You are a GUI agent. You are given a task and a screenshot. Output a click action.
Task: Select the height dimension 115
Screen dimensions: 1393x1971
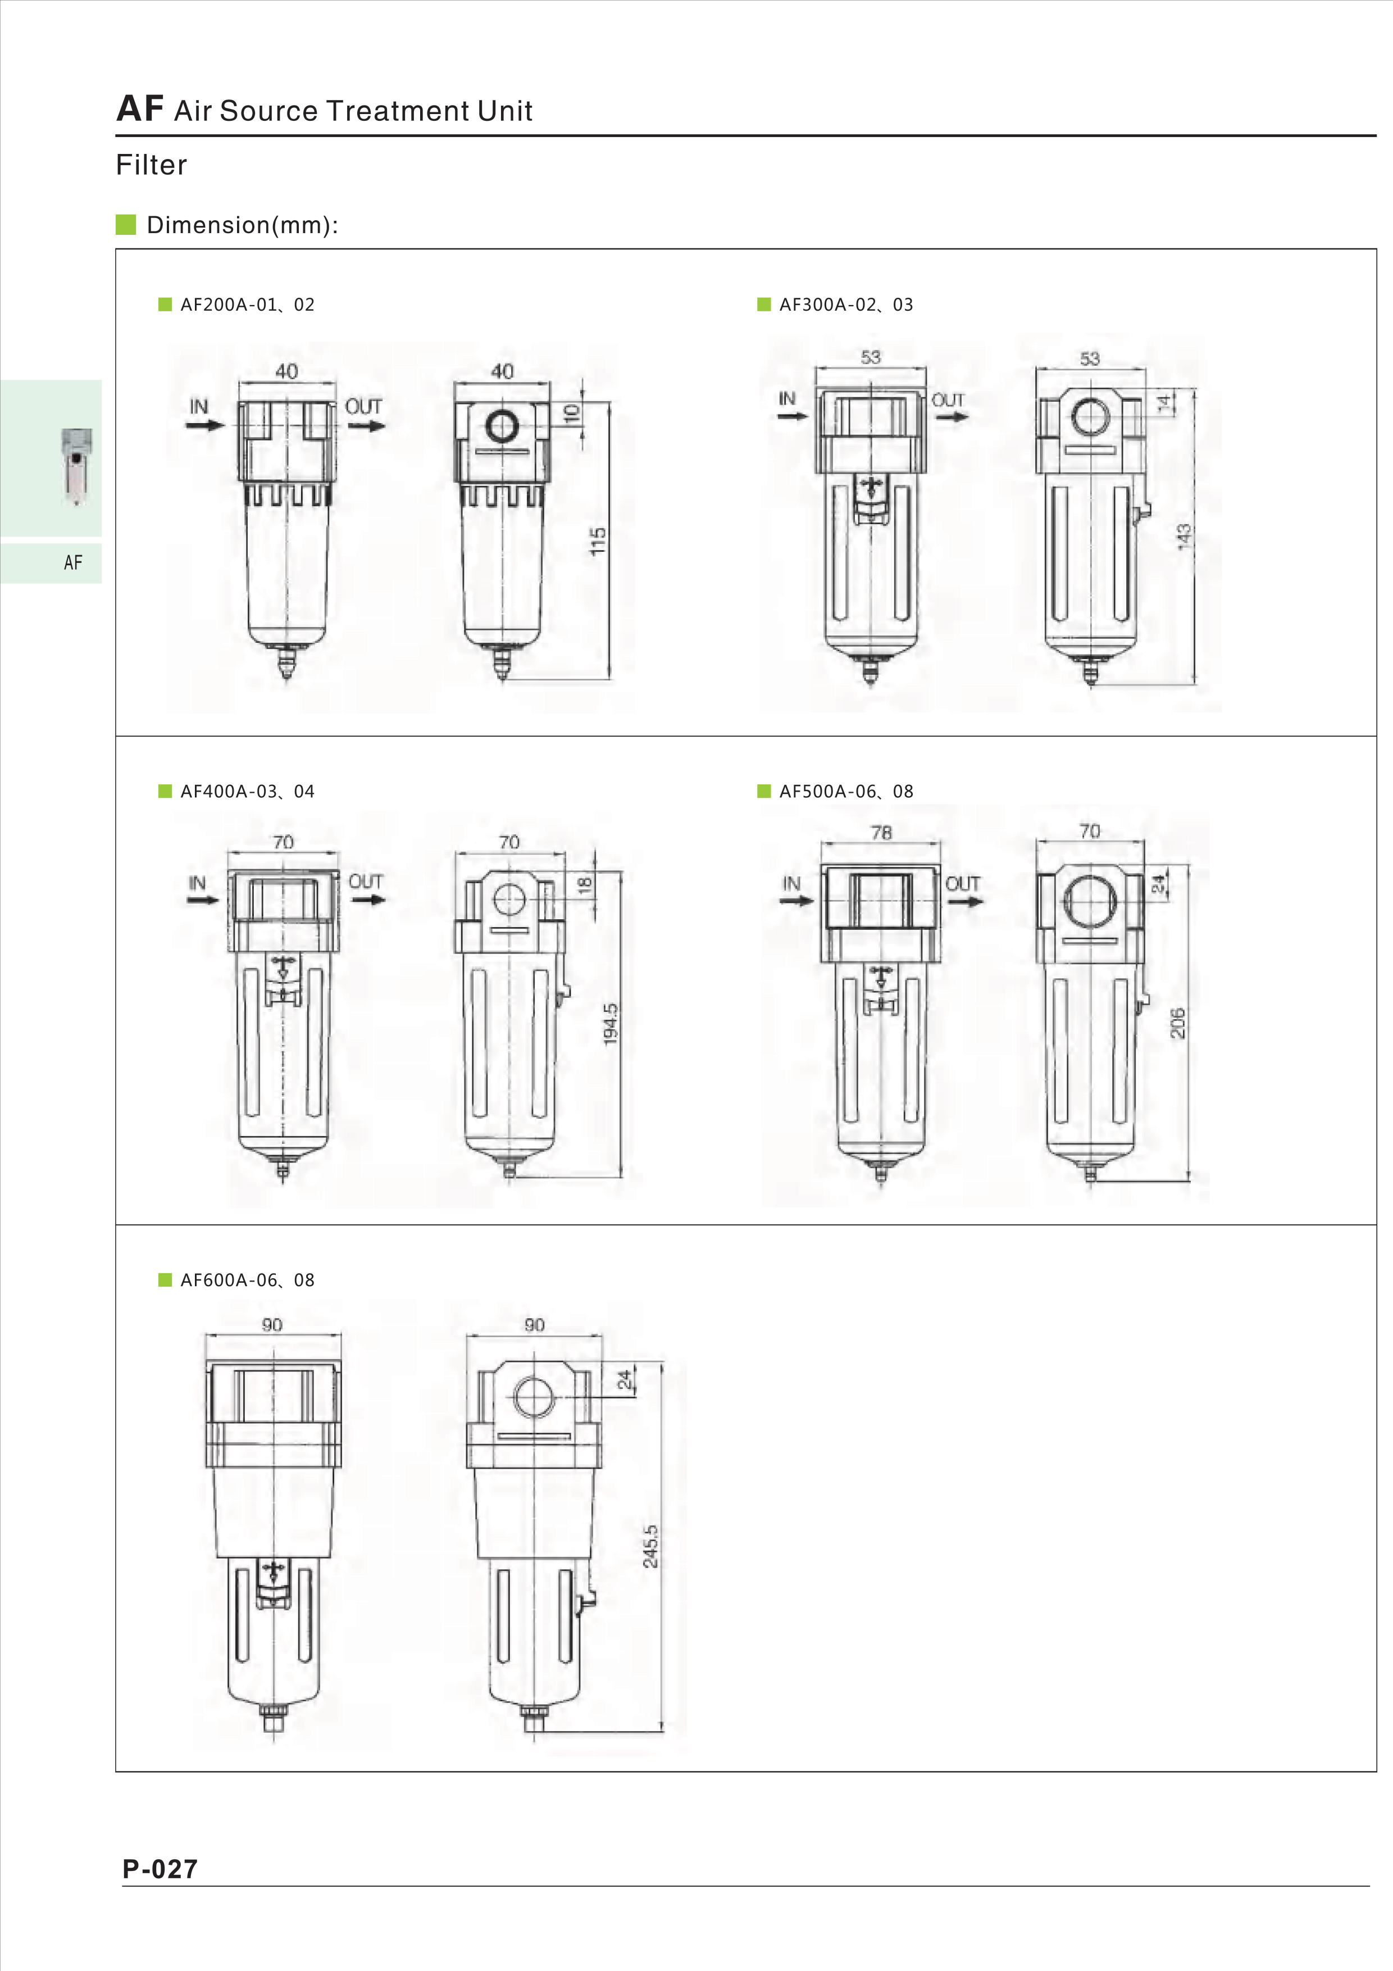tap(598, 541)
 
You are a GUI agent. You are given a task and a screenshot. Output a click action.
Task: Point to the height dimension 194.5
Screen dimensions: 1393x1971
tap(610, 1024)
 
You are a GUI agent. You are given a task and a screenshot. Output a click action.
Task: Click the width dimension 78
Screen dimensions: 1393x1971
tap(881, 832)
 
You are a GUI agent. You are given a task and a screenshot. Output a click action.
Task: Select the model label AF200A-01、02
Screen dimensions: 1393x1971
tap(247, 305)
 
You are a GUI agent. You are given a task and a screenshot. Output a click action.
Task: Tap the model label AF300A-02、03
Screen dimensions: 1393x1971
tap(846, 305)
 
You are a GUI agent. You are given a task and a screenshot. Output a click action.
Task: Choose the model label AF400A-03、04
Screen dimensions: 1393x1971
tap(247, 792)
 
